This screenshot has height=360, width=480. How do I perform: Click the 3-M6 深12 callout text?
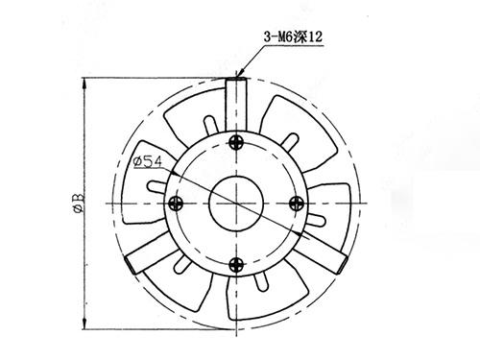click(x=293, y=36)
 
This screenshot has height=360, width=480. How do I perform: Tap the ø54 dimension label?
click(x=148, y=161)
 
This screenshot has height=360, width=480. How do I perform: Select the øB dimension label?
click(x=79, y=203)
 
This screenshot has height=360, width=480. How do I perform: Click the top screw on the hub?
click(x=236, y=142)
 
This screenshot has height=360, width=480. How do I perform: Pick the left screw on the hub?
click(x=176, y=204)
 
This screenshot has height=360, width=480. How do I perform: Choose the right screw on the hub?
click(x=297, y=204)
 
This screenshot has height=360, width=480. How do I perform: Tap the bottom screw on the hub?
click(x=236, y=264)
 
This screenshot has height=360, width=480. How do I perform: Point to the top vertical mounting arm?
click(x=236, y=105)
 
